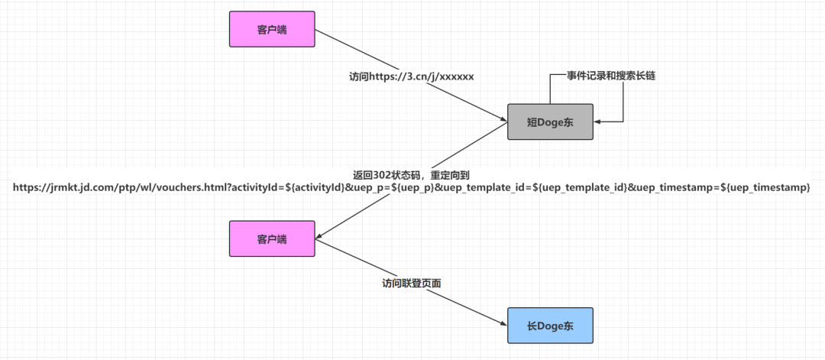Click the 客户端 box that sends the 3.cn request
[x=272, y=30]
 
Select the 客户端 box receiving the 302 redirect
[x=272, y=239]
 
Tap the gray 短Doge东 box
[x=550, y=122]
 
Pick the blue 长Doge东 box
[x=550, y=326]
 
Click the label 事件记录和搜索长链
[x=611, y=76]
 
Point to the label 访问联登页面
[x=412, y=283]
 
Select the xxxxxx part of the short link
[x=457, y=76]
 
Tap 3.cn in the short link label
[x=412, y=76]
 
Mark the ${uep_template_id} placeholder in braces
[x=584, y=188]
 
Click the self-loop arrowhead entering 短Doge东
[x=597, y=122]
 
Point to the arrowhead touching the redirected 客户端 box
[x=319, y=237]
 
